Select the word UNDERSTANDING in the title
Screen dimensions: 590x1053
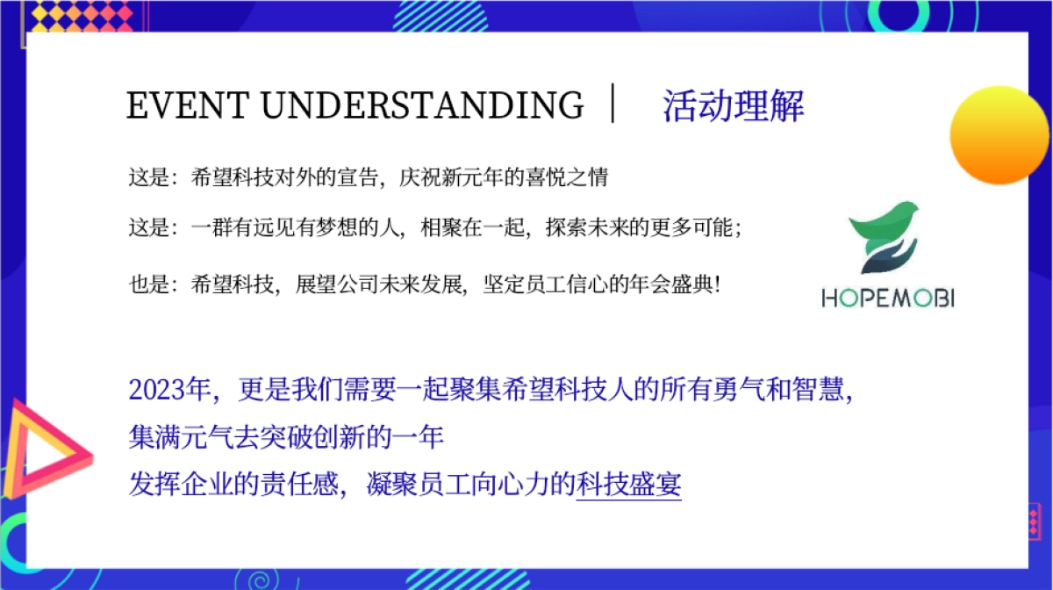pos(421,106)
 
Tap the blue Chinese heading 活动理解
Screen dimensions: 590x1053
pos(733,106)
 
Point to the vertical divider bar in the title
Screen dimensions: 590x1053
pos(615,104)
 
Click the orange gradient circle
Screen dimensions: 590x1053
pos(999,135)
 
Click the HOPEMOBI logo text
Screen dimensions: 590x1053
pos(887,299)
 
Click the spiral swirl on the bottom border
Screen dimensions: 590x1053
pos(260,579)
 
